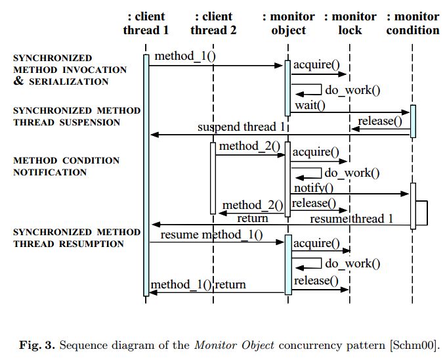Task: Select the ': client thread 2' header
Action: coord(213,23)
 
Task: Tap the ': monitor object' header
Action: coord(288,23)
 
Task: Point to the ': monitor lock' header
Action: coord(351,23)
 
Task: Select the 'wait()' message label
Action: coord(309,105)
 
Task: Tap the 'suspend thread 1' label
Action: coord(242,127)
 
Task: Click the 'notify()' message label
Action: coord(314,189)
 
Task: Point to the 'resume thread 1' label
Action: coord(351,218)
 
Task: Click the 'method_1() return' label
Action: coord(198,284)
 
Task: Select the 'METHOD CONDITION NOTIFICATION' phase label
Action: coord(66,166)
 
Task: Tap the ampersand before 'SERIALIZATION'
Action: coord(19,81)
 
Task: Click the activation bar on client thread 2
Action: coord(213,177)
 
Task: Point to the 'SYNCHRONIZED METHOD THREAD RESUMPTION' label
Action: coord(77,238)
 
